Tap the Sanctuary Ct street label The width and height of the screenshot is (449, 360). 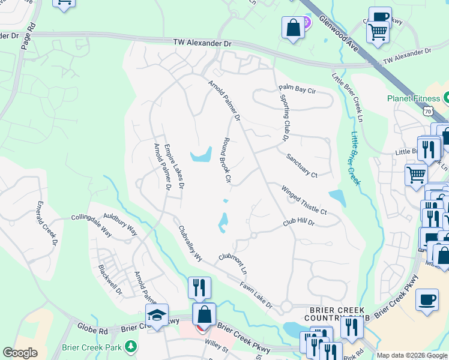(x=301, y=166)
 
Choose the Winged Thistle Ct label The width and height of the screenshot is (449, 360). (x=304, y=200)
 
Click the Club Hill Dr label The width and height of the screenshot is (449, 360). (x=299, y=223)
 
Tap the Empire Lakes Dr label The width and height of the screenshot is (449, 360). (x=175, y=166)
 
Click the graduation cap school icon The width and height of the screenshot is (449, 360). (x=157, y=314)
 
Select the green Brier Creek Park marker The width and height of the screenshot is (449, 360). (x=130, y=347)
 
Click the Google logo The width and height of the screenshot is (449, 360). (x=20, y=353)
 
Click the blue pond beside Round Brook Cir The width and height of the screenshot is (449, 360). (x=200, y=156)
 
